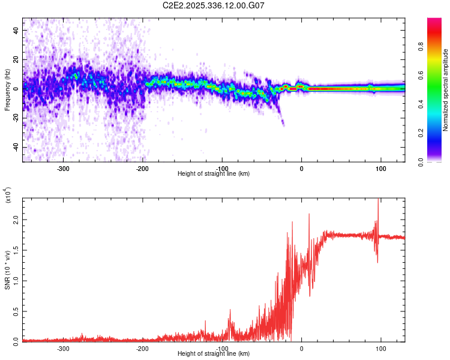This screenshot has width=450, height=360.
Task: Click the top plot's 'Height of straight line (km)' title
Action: [214, 174]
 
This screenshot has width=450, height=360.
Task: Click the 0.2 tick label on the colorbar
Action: [437, 133]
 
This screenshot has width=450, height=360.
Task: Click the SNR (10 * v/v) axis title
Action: [8, 269]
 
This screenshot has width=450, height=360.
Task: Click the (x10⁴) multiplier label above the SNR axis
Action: [8, 195]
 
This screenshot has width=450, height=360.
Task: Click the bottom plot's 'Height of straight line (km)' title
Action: [214, 354]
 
